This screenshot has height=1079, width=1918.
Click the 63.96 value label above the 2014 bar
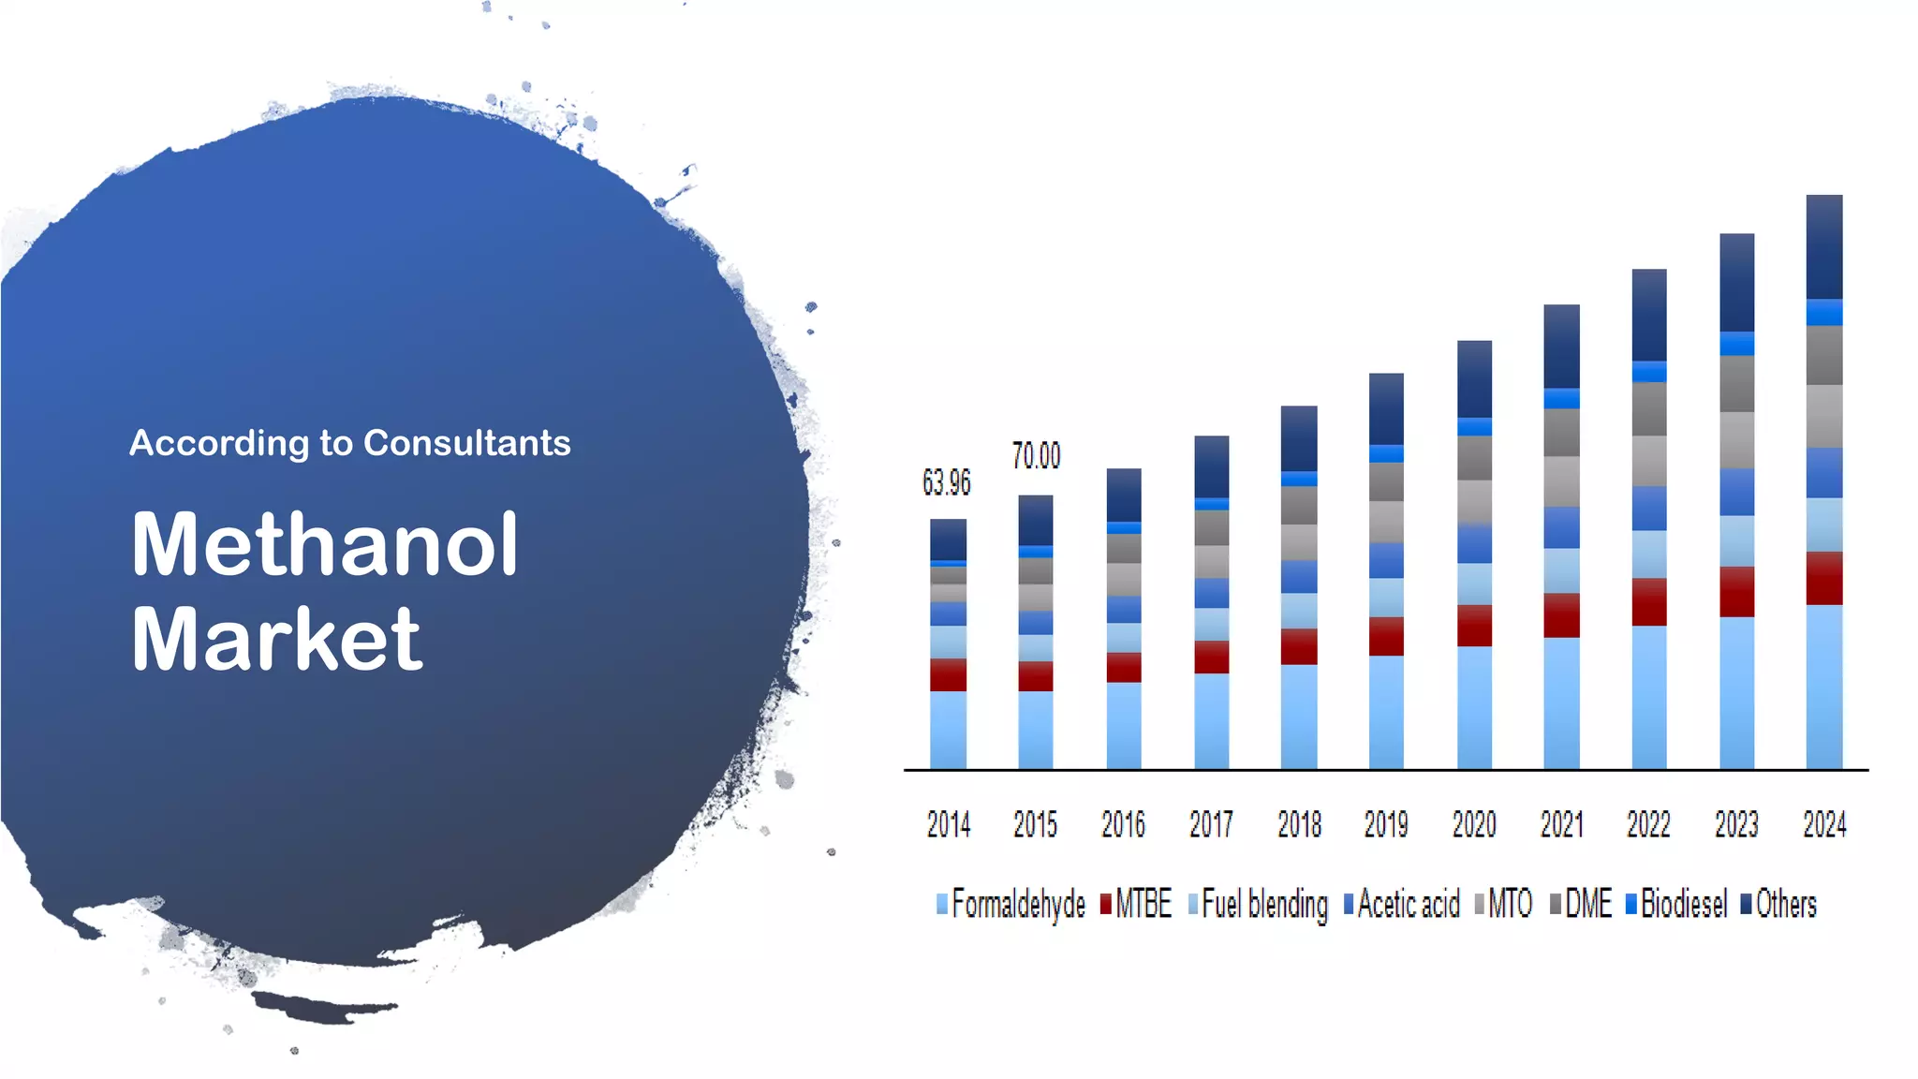point(946,483)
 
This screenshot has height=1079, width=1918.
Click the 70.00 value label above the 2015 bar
point(1036,456)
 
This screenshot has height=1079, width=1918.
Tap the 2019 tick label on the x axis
point(1385,825)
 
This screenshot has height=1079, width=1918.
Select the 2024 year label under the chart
point(1823,825)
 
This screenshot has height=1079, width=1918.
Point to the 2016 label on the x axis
point(1123,825)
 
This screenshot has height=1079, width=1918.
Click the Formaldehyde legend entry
point(1011,905)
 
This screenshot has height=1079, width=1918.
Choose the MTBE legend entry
point(1136,905)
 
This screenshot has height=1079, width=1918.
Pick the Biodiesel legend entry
point(1676,905)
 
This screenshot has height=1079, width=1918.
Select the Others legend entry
point(1778,905)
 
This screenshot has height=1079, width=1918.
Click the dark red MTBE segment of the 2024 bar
point(1823,578)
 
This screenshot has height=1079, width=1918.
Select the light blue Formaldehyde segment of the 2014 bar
point(948,730)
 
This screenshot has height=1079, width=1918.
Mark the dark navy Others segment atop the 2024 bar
point(1823,246)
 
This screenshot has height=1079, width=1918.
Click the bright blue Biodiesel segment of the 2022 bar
point(1648,372)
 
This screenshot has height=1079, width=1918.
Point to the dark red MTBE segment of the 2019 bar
point(1385,636)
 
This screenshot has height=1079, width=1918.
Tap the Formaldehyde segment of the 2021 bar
point(1561,702)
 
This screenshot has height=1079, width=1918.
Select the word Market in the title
point(277,640)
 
